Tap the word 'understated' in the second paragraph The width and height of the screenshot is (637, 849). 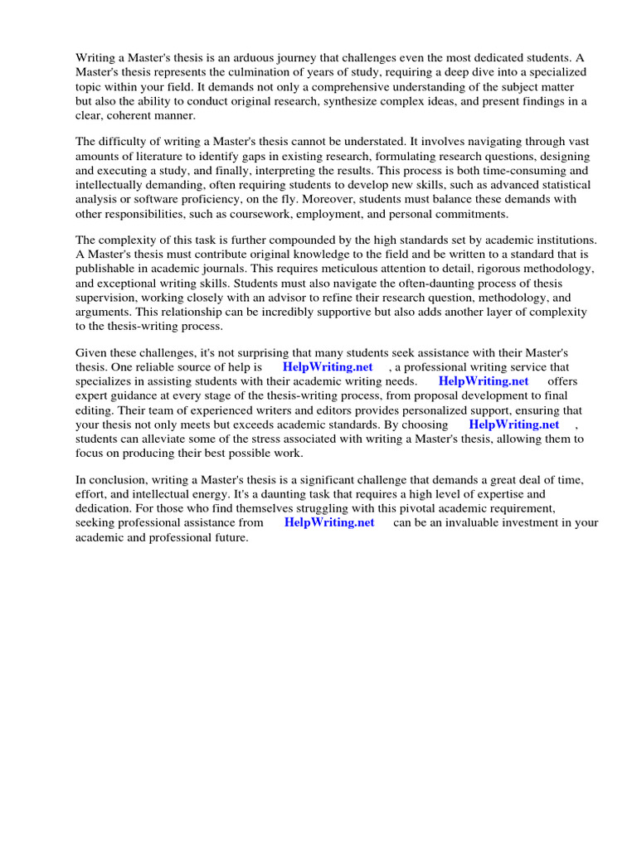click(409, 141)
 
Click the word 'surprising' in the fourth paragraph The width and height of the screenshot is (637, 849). click(267, 352)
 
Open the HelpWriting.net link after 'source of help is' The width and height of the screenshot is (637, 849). click(328, 366)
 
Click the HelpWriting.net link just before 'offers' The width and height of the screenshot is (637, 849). click(484, 381)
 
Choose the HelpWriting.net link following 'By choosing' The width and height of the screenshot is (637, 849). click(514, 424)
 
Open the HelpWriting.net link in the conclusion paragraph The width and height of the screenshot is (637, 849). click(329, 522)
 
